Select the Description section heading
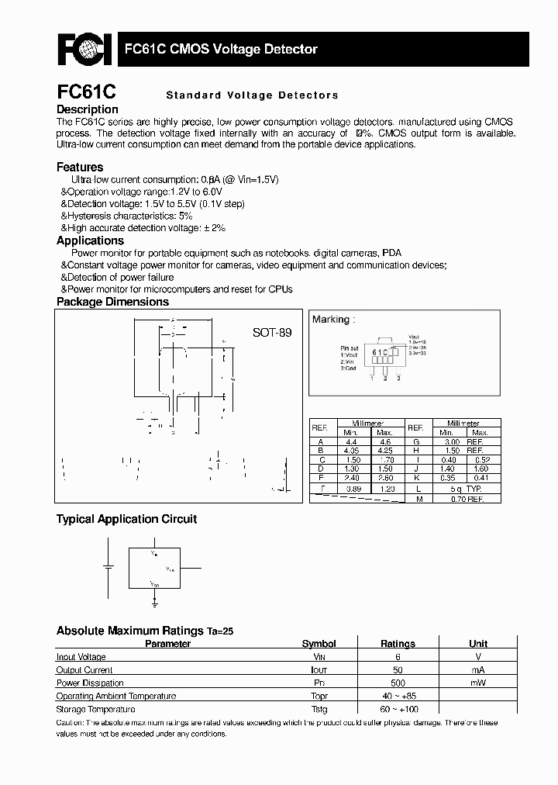[88, 109]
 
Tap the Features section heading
[80, 167]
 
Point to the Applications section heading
[90, 240]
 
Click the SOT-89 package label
[272, 332]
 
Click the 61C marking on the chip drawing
[381, 352]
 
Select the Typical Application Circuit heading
[126, 519]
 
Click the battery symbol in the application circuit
[108, 565]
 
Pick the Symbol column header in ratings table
[319, 644]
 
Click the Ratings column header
[398, 644]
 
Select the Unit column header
[478, 644]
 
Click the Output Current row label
[84, 670]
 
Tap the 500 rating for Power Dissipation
[398, 683]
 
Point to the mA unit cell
[478, 670]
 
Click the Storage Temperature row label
[95, 709]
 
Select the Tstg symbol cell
[319, 709]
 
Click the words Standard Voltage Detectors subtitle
[252, 95]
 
